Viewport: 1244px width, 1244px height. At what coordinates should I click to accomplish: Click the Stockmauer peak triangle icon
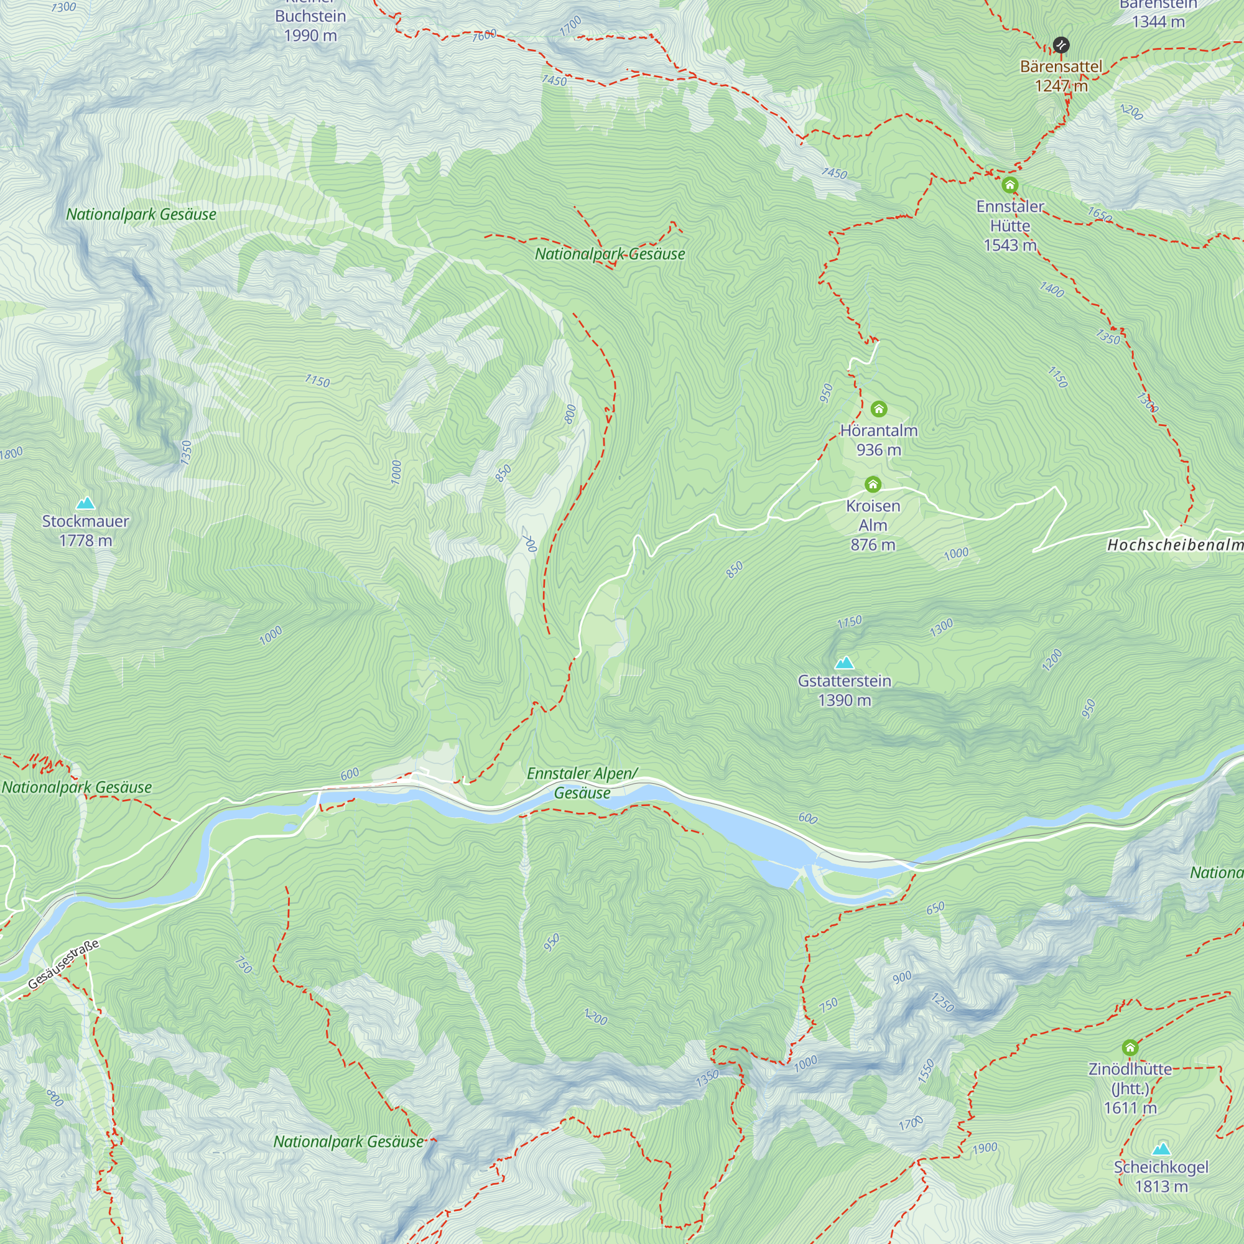pyautogui.click(x=85, y=503)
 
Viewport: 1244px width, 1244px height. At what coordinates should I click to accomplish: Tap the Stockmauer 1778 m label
pyautogui.click(x=85, y=531)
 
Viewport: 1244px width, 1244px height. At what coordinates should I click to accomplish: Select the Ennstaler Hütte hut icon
pyautogui.click(x=1010, y=185)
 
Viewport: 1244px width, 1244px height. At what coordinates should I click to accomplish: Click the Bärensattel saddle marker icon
pyautogui.click(x=1061, y=45)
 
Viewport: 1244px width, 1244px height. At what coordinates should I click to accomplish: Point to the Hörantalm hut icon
pyautogui.click(x=879, y=409)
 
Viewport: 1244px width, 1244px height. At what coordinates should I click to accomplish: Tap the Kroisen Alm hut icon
pyautogui.click(x=873, y=484)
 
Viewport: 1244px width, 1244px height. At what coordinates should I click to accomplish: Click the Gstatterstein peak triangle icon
pyautogui.click(x=844, y=662)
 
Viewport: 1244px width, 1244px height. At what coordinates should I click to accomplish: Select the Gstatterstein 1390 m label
pyautogui.click(x=844, y=690)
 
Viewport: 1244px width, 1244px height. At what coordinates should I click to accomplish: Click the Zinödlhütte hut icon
pyautogui.click(x=1130, y=1047)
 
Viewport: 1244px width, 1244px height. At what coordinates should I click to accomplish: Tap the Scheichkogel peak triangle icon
pyautogui.click(x=1161, y=1149)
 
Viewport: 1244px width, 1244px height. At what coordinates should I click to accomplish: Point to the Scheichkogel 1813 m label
pyautogui.click(x=1161, y=1176)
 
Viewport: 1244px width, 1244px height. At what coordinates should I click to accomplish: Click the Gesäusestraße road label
pyautogui.click(x=63, y=965)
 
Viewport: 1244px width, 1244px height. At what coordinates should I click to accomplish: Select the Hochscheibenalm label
pyautogui.click(x=1175, y=545)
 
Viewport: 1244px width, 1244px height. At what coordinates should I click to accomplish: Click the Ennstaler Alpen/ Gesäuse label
pyautogui.click(x=582, y=783)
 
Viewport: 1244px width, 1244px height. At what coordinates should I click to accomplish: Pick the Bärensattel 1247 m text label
pyautogui.click(x=1061, y=75)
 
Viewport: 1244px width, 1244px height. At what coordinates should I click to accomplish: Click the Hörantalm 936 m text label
pyautogui.click(x=879, y=440)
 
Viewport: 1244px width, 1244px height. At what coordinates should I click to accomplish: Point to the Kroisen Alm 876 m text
pyautogui.click(x=873, y=525)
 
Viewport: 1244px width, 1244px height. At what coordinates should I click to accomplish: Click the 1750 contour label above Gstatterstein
pyautogui.click(x=849, y=621)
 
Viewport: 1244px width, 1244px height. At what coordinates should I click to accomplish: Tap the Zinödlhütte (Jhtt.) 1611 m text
pyautogui.click(x=1130, y=1088)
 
